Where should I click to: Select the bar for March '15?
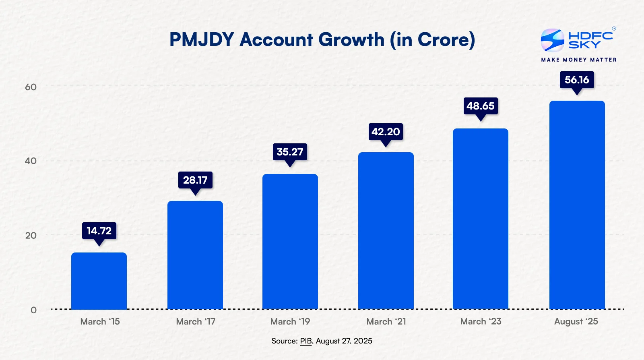99,281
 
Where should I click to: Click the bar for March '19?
290,242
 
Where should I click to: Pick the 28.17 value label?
195,180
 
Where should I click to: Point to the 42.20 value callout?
386,132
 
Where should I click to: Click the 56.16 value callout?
577,80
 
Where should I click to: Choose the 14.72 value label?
99,231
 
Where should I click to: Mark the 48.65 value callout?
481,106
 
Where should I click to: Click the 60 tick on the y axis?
31,87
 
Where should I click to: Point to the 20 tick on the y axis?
31,235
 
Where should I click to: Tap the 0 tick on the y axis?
33,310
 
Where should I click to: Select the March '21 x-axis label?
386,321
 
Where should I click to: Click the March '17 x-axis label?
196,321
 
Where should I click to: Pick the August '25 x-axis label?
576,321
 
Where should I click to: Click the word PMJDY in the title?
202,40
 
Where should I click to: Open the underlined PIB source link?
306,341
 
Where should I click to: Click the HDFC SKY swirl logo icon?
552,40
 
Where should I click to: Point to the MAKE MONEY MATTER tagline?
579,60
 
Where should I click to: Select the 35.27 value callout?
290,152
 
